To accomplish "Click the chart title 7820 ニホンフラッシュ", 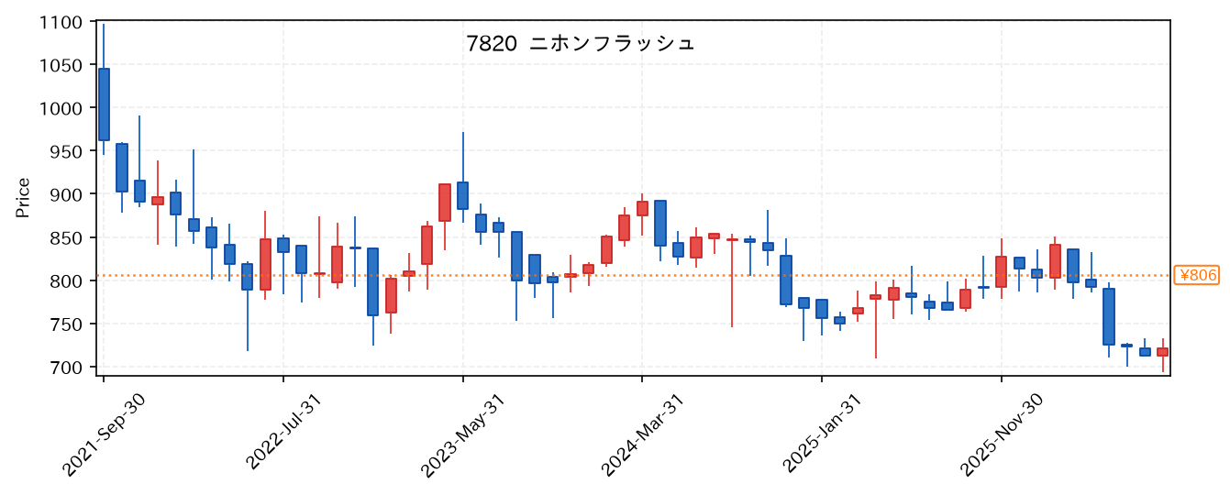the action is click(x=581, y=43).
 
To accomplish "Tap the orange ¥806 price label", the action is click(x=1197, y=275).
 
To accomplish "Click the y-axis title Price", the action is click(x=23, y=198).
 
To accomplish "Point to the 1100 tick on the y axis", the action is click(x=61, y=23).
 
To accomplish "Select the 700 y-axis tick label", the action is click(x=66, y=368).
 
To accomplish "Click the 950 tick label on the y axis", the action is click(x=66, y=151).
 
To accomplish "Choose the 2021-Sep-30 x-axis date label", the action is click(x=104, y=435).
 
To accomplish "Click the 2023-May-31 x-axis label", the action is click(x=462, y=435).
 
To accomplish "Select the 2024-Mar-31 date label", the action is click(x=642, y=435).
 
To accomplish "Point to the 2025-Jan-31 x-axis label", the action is click(x=822, y=434).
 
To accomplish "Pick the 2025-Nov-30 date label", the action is click(x=1001, y=435).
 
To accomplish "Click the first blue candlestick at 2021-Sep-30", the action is click(x=104, y=104).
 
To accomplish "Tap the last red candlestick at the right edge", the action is click(x=1162, y=352).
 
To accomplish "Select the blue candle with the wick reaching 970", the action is click(x=463, y=195).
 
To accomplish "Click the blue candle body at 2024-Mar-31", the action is click(x=660, y=223).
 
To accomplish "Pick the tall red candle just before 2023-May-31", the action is click(x=445, y=203).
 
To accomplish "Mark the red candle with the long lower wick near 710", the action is click(x=875, y=297).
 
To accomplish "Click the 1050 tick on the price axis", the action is click(x=61, y=65).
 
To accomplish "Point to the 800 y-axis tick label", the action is click(x=66, y=281).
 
